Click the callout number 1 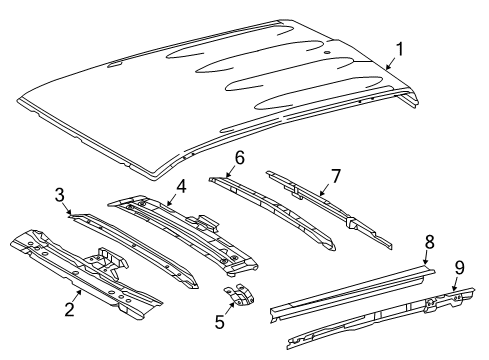400,47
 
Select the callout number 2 69,308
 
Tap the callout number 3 59,193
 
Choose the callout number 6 240,157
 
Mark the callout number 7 336,176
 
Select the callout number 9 460,267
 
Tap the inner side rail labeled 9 370,315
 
